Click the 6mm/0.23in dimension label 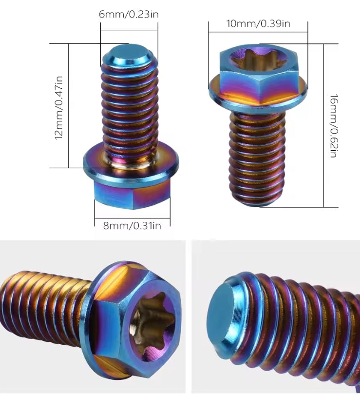129,14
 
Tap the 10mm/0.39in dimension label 258,23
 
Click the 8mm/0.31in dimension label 132,225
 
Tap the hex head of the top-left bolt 132,193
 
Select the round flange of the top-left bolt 132,163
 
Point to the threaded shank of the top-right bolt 257,156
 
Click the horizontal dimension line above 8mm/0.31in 132,217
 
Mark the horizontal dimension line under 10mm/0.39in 258,32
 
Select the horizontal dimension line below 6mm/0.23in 129,31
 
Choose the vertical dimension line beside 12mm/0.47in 69,106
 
